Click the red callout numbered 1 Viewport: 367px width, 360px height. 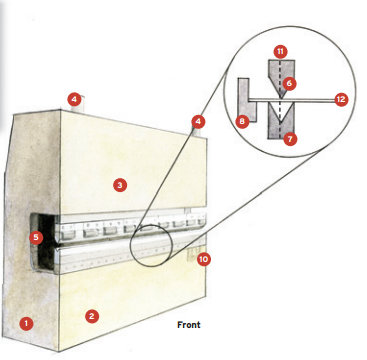pyautogui.click(x=26, y=324)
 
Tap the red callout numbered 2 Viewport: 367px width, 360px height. pyautogui.click(x=92, y=316)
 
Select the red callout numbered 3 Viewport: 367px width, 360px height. pyautogui.click(x=120, y=185)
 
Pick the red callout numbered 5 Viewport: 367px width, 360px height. pyautogui.click(x=36, y=238)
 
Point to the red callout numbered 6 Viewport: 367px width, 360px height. pyautogui.click(x=289, y=83)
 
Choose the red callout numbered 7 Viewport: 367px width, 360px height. pyautogui.click(x=290, y=139)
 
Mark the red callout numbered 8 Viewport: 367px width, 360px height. pyautogui.click(x=242, y=121)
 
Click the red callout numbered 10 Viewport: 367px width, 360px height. pyautogui.click(x=204, y=259)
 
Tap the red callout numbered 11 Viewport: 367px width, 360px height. pyautogui.click(x=280, y=52)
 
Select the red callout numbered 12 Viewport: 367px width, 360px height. pyautogui.click(x=341, y=99)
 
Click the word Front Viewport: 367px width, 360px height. pyautogui.click(x=189, y=325)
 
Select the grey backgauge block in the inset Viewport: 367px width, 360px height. pyautogui.click(x=247, y=100)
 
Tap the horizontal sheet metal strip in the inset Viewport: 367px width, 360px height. pyautogui.click(x=292, y=100)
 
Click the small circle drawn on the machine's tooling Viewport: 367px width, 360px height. pyautogui.click(x=151, y=246)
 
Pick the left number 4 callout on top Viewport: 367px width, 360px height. pyautogui.click(x=74, y=99)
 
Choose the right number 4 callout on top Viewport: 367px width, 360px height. pyautogui.click(x=198, y=122)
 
